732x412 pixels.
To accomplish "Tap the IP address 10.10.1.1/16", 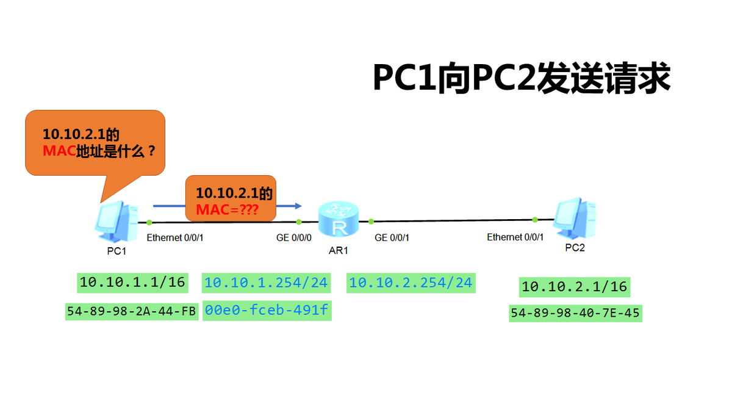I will (x=132, y=282).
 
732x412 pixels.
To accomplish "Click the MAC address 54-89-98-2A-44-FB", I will (x=132, y=311).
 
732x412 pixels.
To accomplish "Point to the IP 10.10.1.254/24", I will (x=266, y=283).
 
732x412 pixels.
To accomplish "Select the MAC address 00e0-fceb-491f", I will (x=266, y=311).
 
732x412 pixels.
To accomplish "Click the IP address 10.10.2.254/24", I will (x=411, y=283).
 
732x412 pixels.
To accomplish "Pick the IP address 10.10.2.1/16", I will (x=574, y=286).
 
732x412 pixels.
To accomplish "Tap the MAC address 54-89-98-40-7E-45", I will (x=575, y=314).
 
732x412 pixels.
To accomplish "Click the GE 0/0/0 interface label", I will (x=294, y=237).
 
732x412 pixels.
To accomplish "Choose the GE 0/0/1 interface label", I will (x=392, y=237).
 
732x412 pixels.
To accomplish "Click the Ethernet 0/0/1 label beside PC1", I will (x=175, y=237).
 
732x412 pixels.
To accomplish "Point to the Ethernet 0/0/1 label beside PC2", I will (x=515, y=237).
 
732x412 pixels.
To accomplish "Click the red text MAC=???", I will (x=227, y=210).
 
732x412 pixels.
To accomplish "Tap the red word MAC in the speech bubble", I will (x=59, y=151).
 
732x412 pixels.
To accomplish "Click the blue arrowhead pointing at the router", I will (x=298, y=206).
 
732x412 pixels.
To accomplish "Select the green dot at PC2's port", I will (x=535, y=219).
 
